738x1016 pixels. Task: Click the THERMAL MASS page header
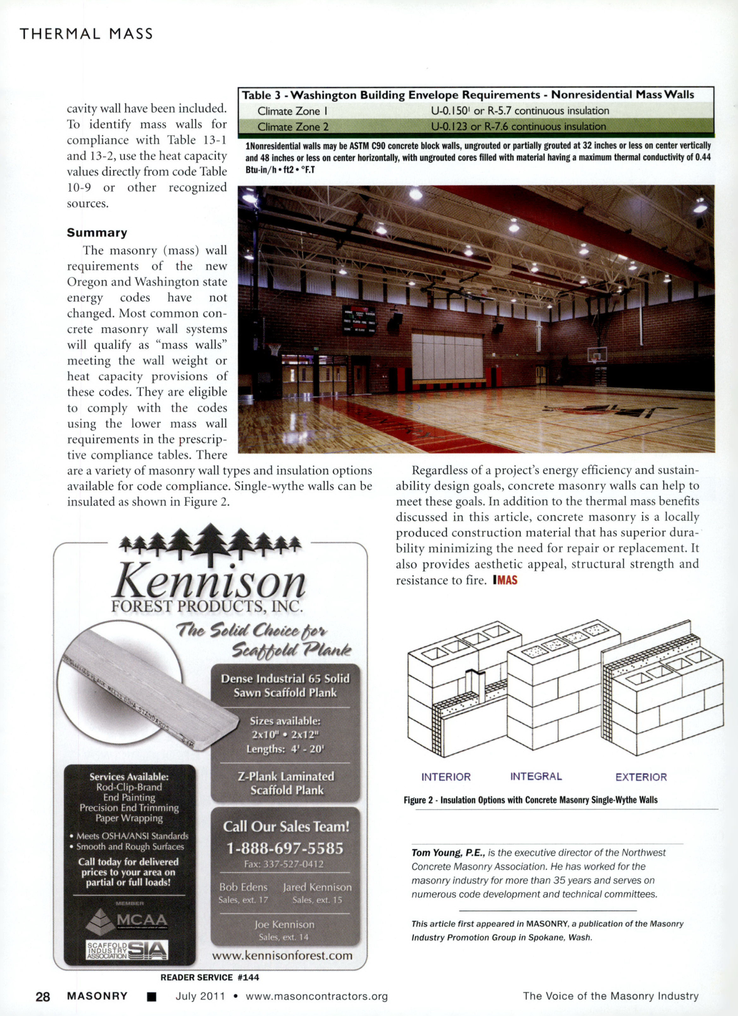86,34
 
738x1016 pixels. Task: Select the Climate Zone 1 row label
292,111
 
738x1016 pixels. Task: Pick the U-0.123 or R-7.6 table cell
518,127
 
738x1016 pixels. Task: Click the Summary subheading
97,232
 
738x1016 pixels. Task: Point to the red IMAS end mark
506,580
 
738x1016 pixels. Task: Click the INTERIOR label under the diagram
446,777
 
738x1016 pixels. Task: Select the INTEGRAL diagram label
536,776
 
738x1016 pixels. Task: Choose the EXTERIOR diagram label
641,777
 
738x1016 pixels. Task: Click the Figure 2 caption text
530,800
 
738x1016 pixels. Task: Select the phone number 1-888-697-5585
285,848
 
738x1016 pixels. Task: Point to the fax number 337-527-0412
284,864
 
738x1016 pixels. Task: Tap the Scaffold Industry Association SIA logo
127,950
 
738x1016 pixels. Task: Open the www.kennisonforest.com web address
282,956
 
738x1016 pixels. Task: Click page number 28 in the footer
43,997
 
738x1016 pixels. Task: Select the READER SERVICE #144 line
209,977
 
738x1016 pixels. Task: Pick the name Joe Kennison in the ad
284,924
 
